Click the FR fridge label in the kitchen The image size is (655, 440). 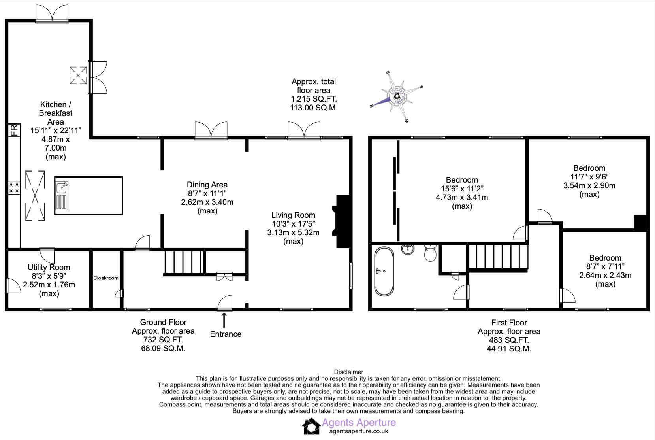tap(14, 130)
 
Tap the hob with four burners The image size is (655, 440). tap(14, 188)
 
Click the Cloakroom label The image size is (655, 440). tap(106, 278)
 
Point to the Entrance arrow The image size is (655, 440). tap(224, 320)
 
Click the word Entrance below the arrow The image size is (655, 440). tap(226, 334)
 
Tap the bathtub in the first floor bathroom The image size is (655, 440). tap(384, 272)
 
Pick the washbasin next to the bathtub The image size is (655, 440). tap(408, 249)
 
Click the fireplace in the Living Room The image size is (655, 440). tap(342, 221)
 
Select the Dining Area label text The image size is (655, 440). tap(207, 185)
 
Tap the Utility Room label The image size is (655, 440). tap(49, 267)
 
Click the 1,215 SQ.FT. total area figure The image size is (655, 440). tap(314, 99)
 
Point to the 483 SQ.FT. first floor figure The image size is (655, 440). tap(509, 340)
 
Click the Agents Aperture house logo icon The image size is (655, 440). tap(311, 427)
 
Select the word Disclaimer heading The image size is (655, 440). tap(348, 372)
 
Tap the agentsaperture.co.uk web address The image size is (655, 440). tap(359, 431)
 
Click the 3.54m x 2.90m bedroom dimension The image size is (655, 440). tap(589, 185)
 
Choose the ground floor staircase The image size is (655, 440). tap(184, 261)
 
